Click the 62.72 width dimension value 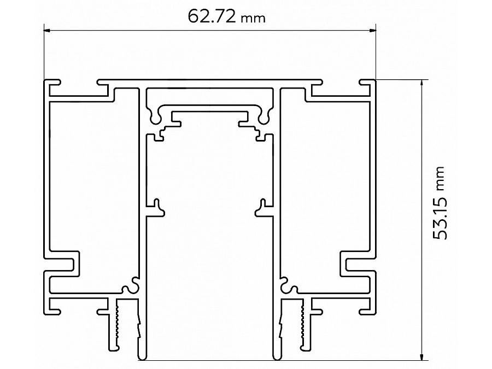point(211,17)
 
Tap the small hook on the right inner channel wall point(261,204)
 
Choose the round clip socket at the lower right point(288,285)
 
